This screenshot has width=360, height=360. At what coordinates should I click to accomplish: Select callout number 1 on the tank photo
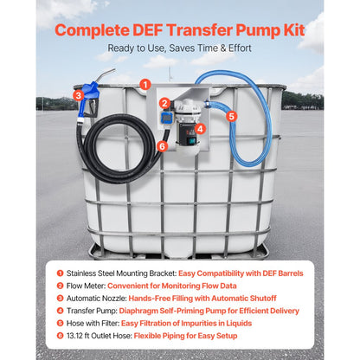[x=145, y=85]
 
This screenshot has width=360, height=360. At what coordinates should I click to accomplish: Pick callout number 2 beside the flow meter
[x=164, y=102]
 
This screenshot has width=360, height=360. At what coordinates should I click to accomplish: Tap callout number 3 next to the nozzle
[x=79, y=95]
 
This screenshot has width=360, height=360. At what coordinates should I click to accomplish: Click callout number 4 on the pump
[x=200, y=129]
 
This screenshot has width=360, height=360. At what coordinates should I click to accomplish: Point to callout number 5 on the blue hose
[x=231, y=114]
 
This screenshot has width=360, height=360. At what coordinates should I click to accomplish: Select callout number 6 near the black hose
[x=162, y=145]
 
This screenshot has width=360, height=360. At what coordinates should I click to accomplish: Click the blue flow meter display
[x=164, y=118]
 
